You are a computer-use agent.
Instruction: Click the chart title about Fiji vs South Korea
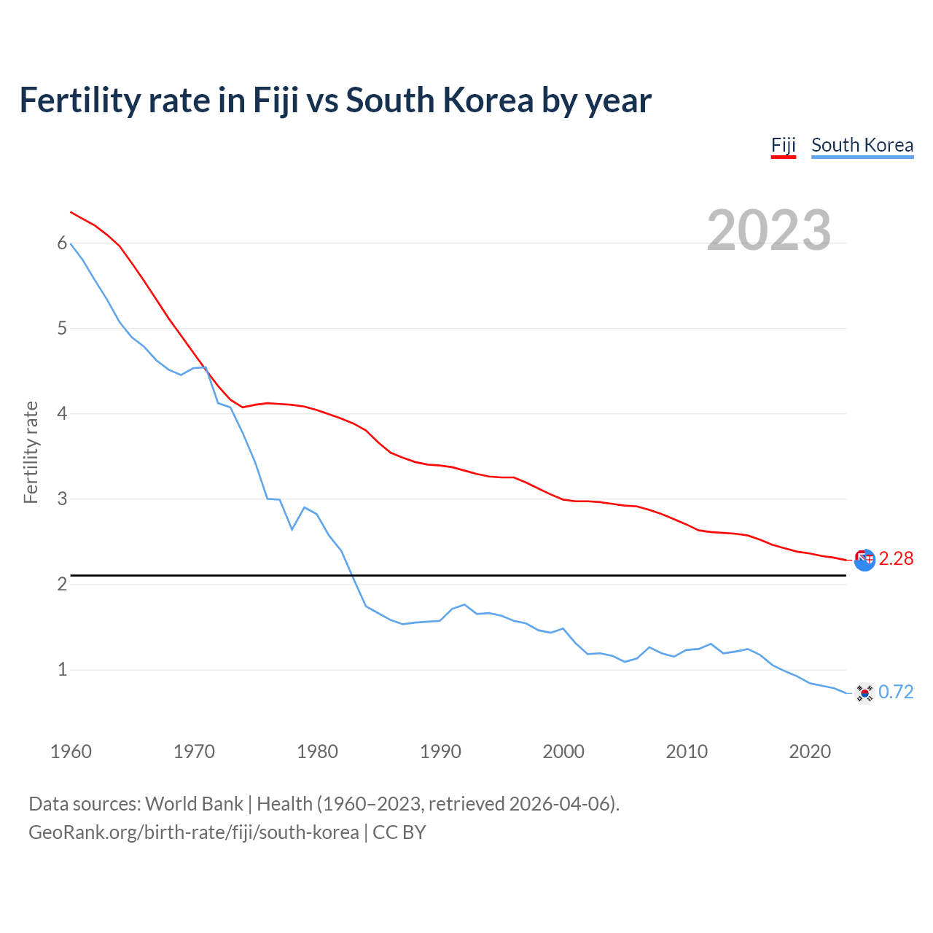click(x=335, y=101)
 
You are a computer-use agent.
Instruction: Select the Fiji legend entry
click(x=783, y=145)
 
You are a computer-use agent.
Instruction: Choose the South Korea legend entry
click(x=862, y=145)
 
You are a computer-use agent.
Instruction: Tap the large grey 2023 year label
click(x=768, y=230)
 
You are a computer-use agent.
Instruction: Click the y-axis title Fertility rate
click(x=31, y=452)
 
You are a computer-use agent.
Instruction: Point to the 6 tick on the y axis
click(x=62, y=243)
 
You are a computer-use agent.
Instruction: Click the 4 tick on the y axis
click(x=62, y=414)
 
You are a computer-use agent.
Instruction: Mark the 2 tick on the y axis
click(x=62, y=585)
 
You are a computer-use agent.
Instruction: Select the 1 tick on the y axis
click(x=62, y=670)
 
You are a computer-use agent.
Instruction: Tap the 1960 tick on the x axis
click(x=71, y=752)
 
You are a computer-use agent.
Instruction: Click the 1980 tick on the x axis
click(x=317, y=752)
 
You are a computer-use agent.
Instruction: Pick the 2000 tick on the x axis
click(x=563, y=752)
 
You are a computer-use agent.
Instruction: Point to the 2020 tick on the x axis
click(x=810, y=752)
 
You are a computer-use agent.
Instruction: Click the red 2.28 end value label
click(x=896, y=559)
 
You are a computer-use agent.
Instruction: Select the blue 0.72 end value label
click(x=896, y=692)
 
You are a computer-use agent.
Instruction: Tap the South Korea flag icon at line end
click(x=864, y=692)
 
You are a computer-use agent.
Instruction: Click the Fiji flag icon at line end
click(x=864, y=560)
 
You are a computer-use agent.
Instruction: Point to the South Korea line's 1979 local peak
click(x=305, y=507)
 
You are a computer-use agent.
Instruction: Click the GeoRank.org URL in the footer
click(x=193, y=832)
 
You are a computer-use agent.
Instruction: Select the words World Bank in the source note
click(x=194, y=804)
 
